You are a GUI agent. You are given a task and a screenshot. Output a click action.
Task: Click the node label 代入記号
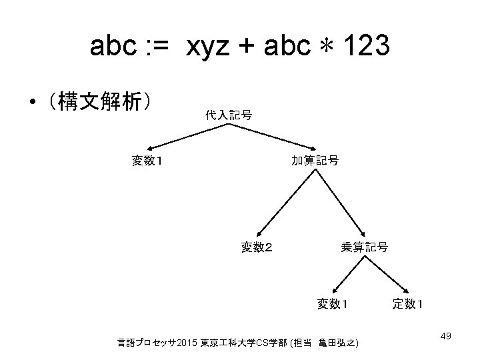click(x=228, y=115)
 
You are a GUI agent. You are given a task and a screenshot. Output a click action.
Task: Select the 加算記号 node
click(x=315, y=160)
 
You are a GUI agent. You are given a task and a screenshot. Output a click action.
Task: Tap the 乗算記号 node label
click(x=364, y=247)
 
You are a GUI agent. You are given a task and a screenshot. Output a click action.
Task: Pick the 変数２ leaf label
click(x=256, y=247)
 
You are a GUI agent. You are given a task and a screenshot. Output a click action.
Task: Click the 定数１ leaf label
click(x=409, y=304)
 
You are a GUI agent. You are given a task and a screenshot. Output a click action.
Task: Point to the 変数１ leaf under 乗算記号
click(x=333, y=304)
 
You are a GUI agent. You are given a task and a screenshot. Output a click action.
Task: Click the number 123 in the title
click(x=366, y=48)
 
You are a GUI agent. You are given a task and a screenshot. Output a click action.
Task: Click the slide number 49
click(x=446, y=335)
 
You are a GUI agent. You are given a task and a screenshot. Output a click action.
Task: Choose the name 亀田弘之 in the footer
click(x=338, y=343)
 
